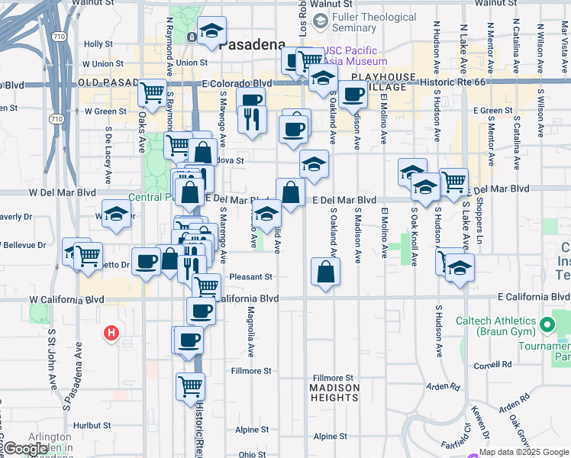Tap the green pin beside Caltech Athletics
click(x=547, y=325)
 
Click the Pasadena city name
click(x=252, y=45)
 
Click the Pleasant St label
click(x=253, y=277)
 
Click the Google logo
click(x=26, y=449)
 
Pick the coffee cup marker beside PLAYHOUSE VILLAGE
click(x=353, y=94)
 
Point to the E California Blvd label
click(x=532, y=296)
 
